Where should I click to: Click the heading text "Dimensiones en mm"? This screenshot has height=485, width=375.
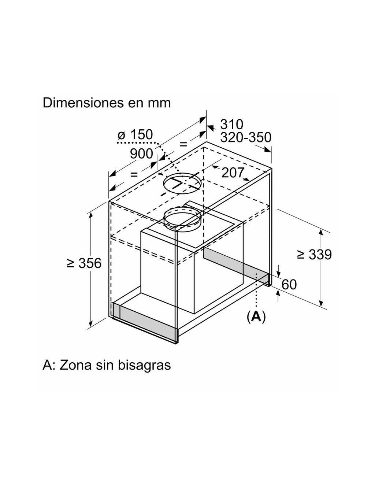click(107, 103)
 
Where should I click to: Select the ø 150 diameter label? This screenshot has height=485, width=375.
click(135, 134)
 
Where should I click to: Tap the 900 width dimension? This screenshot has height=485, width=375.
click(141, 153)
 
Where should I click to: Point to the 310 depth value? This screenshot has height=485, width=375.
click(231, 124)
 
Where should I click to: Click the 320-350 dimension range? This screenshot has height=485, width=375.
click(246, 137)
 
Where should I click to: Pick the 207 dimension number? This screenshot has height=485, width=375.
click(233, 173)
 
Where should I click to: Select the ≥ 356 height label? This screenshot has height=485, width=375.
click(84, 263)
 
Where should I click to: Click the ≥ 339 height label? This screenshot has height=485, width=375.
click(315, 254)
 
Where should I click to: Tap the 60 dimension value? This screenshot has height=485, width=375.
click(289, 284)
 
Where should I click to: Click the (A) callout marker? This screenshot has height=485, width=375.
click(256, 316)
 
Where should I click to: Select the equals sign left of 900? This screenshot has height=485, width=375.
click(134, 174)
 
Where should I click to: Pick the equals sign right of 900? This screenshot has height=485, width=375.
click(183, 144)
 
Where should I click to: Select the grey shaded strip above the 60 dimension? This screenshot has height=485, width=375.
click(237, 264)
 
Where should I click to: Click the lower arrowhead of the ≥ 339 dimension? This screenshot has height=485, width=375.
click(321, 303)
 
